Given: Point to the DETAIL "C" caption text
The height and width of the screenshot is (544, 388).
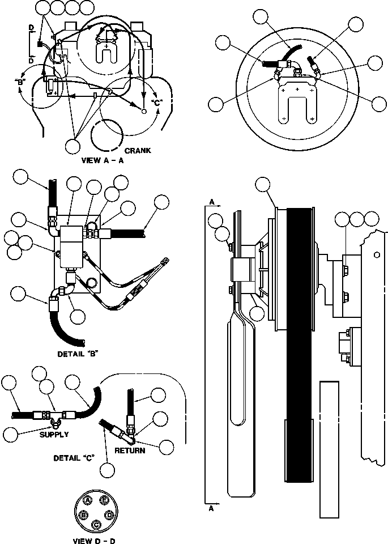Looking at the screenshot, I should tap(74, 457).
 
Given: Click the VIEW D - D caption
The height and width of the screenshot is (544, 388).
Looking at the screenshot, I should tap(95, 540).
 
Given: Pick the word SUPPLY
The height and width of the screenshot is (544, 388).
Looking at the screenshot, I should tap(54, 435).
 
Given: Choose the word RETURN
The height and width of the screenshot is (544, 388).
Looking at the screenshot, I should tap(130, 451).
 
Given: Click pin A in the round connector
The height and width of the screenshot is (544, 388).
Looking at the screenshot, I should tap(88, 500).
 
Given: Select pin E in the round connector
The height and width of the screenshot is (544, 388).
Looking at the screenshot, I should tap(104, 500).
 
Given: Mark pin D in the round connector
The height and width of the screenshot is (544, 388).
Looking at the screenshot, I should tap(108, 514).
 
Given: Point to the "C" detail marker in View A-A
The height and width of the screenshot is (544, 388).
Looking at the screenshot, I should tap(157, 103).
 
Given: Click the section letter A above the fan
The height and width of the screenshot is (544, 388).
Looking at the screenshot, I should tap(212, 202).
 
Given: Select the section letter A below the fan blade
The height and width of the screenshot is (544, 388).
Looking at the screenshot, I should tap(212, 508).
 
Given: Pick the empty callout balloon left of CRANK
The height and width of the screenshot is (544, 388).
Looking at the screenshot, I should tap(73, 146).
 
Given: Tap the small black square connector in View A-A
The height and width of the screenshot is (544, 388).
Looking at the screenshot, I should tap(40, 44).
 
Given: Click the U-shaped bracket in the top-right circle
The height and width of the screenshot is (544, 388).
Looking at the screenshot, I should tap(296, 105).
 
